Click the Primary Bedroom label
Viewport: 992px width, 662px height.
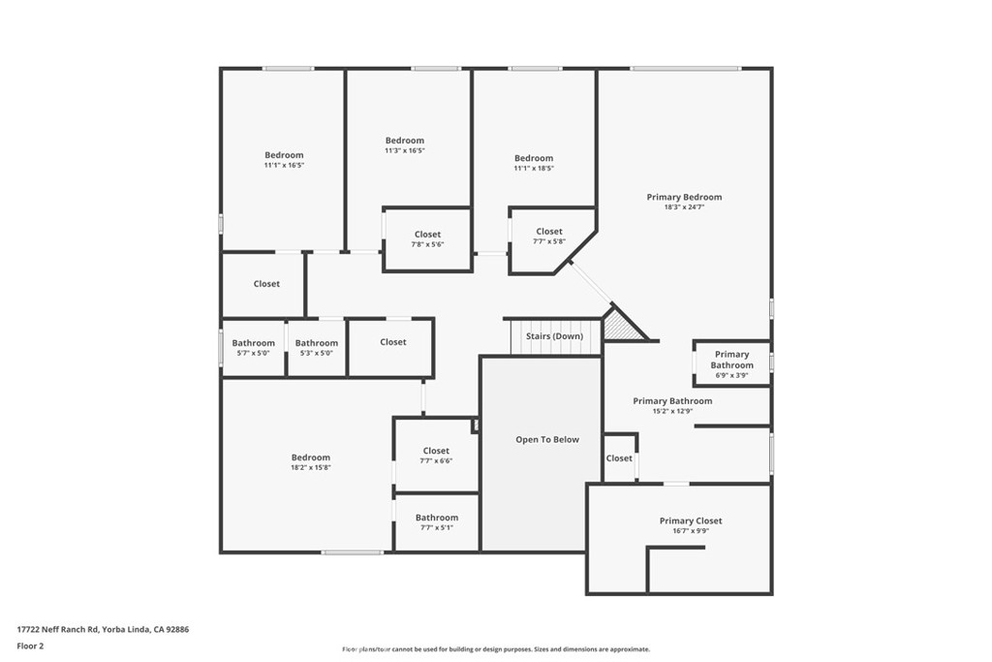[684, 197]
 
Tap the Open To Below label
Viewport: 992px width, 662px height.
[546, 439]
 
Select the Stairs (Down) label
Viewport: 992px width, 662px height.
[554, 336]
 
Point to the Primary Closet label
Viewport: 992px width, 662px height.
[691, 520]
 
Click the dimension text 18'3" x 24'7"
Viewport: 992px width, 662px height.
[684, 207]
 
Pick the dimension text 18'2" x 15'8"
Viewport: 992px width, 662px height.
[311, 468]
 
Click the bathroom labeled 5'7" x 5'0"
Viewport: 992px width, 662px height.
[253, 347]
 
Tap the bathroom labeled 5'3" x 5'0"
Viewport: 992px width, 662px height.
[317, 347]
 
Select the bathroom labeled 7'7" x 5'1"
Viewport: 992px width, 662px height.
[436, 522]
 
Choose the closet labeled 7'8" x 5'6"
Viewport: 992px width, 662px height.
[427, 239]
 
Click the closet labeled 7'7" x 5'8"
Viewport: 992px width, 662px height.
[548, 236]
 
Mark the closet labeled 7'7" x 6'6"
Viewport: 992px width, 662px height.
[436, 456]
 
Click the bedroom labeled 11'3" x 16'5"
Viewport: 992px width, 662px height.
[405, 145]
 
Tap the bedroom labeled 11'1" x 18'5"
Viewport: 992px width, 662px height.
[534, 163]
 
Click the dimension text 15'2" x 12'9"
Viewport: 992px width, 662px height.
[672, 411]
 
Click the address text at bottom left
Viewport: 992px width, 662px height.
[103, 629]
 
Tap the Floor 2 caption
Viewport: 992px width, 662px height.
[31, 646]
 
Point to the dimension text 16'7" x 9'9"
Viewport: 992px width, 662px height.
[691, 531]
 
